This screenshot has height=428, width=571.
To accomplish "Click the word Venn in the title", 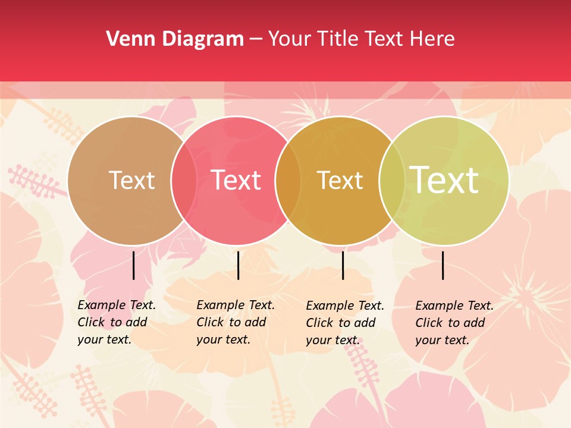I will point(127,39).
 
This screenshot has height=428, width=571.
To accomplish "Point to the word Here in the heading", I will point(432,39).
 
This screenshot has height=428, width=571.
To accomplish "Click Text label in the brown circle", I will point(131,181).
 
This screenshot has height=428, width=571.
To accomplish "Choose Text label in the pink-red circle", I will point(236,181).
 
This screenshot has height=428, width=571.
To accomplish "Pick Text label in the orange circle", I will point(340,181).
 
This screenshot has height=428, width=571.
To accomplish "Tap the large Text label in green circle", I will point(444,180).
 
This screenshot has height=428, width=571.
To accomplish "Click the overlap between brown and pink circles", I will point(184,181).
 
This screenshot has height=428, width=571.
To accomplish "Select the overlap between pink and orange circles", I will point(287,181).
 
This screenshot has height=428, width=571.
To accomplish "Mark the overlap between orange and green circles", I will point(391,181).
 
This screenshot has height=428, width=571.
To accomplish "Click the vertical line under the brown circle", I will point(134,265).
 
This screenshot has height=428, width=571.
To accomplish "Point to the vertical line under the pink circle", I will point(238,265).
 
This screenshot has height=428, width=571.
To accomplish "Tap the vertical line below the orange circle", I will point(343,265).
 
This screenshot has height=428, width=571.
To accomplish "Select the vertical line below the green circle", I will point(443,265).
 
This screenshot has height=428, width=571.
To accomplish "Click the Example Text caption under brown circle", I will point(117,322).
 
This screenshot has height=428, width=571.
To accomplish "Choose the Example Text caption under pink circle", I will point(236,322).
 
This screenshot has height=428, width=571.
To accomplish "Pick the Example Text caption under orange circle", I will point(345,323).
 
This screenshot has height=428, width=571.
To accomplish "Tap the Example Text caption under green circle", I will point(454,323).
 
